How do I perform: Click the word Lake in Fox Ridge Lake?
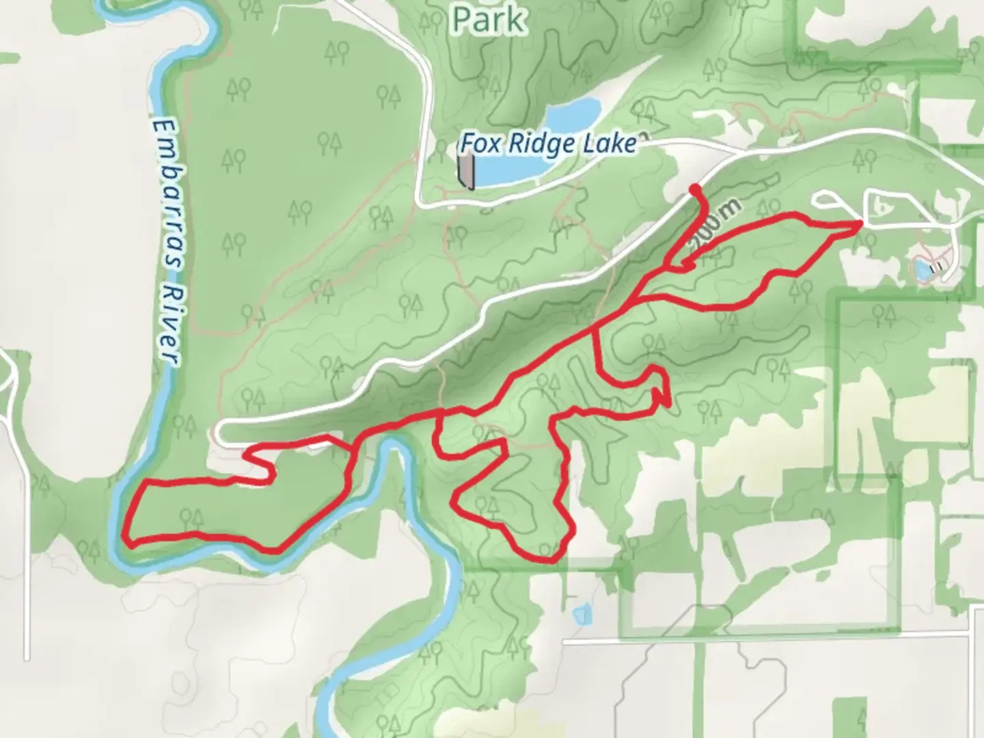tap(604, 143)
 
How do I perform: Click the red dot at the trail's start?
tap(694, 189)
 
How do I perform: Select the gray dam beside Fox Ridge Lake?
tap(466, 171)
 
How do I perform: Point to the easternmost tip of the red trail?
tap(860, 223)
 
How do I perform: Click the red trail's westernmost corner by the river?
tap(127, 541)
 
